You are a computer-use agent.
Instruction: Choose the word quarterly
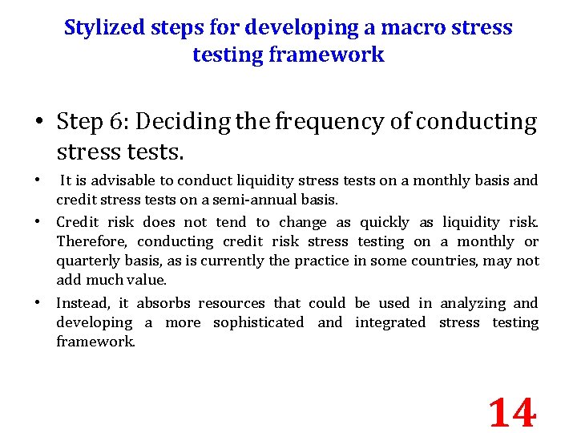[x=87, y=261]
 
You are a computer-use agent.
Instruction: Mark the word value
[x=148, y=280]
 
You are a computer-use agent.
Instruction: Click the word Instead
[x=79, y=303]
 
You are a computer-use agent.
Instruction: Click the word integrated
[x=390, y=322]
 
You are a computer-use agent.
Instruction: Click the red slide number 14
[x=511, y=413]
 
